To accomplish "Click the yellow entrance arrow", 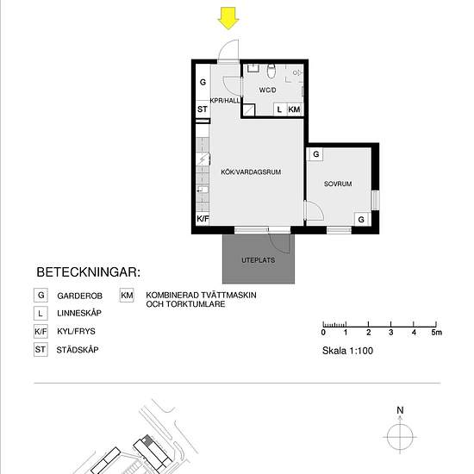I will [228, 17].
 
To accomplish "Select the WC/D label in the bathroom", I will [267, 90].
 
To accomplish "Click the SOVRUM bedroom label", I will [338, 184].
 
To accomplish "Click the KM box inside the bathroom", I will [295, 109].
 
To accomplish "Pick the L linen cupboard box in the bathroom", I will [280, 109].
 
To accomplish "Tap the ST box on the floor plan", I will [203, 109].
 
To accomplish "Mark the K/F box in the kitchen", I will [203, 219].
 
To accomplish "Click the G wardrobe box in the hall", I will [203, 82].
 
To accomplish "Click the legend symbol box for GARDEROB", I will [41, 295].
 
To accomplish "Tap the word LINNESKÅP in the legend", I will [81, 313].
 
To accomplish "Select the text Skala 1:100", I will [347, 351].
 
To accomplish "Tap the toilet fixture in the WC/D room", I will [271, 70].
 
